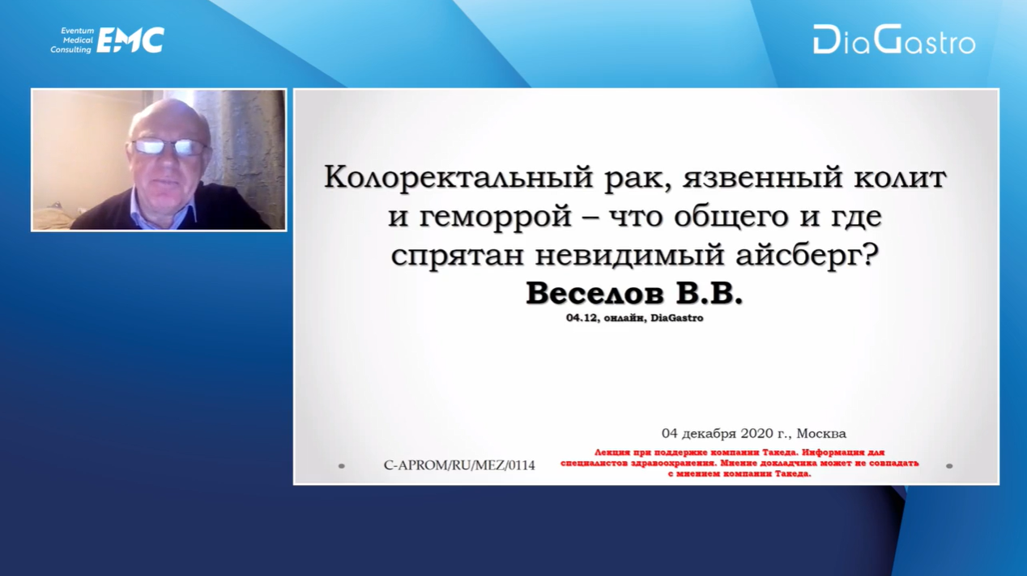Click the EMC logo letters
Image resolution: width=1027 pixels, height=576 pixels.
[x=130, y=40]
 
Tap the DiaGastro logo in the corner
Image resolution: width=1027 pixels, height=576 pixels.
[x=894, y=40]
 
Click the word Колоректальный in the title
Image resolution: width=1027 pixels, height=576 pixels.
[x=459, y=178]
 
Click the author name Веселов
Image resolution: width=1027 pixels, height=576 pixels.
[x=594, y=293]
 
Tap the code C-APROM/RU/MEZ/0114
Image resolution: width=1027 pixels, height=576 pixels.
[x=459, y=465]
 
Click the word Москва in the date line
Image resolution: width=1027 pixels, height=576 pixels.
[x=821, y=433]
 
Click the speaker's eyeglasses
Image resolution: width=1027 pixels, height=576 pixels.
[x=170, y=147]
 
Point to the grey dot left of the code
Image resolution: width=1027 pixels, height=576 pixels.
[x=342, y=466]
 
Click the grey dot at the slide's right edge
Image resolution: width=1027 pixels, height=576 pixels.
[x=949, y=466]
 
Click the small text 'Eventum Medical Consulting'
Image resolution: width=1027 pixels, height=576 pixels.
[x=72, y=40]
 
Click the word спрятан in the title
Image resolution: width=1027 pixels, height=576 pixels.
[x=458, y=255]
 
